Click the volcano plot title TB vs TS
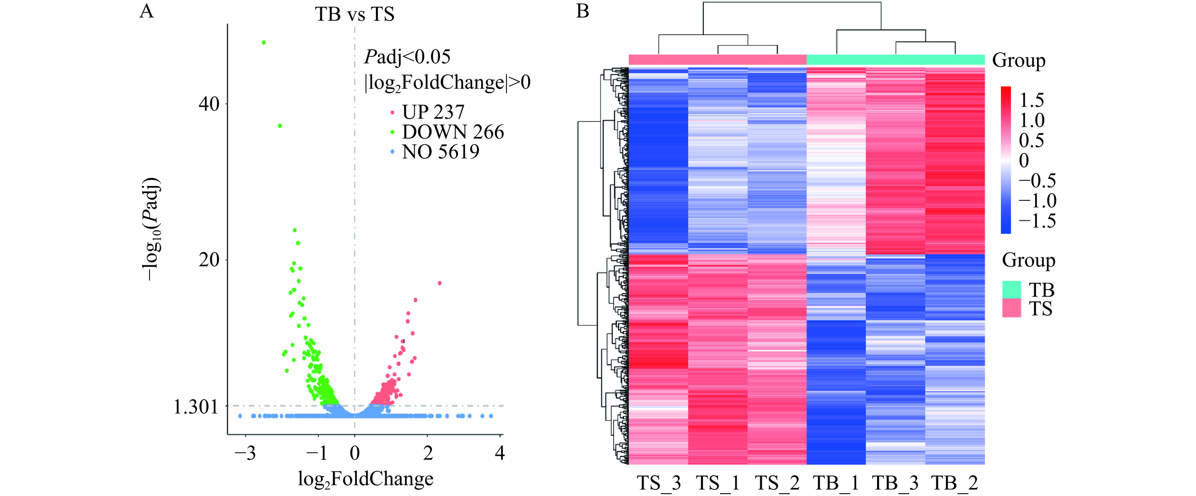click(x=355, y=14)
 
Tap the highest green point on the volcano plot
click(x=264, y=43)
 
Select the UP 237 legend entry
click(x=432, y=112)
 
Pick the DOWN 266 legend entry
click(x=452, y=132)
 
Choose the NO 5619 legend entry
click(x=440, y=152)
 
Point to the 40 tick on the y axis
click(x=209, y=104)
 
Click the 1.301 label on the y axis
click(x=196, y=407)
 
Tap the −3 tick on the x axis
click(x=245, y=454)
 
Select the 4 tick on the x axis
click(x=499, y=454)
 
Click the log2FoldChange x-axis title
click(x=365, y=479)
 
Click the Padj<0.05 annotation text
click(x=407, y=57)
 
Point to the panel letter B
click(x=583, y=11)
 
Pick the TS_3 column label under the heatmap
click(x=658, y=484)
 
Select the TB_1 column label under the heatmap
click(x=836, y=484)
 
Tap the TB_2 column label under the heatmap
click(x=954, y=484)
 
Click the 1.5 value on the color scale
click(x=1032, y=101)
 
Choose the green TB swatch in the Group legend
click(x=1011, y=290)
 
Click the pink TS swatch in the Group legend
click(x=1011, y=308)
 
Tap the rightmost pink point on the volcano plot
click(x=440, y=283)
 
